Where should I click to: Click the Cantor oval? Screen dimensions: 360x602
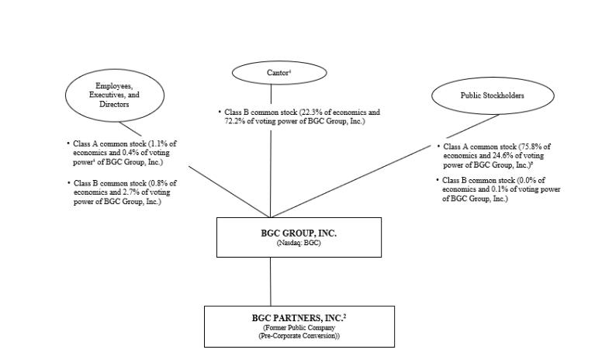pyautogui.click(x=279, y=72)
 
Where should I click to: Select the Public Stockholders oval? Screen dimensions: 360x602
pyautogui.click(x=493, y=95)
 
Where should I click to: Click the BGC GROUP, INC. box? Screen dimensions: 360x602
pyautogui.click(x=299, y=237)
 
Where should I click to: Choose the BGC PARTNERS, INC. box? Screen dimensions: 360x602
pyautogui.click(x=299, y=326)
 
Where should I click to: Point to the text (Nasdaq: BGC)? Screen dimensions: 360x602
pyautogui.click(x=299, y=244)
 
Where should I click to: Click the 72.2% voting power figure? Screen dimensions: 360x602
pyautogui.click(x=232, y=122)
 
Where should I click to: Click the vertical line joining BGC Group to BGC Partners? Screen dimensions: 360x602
pyautogui.click(x=271, y=281)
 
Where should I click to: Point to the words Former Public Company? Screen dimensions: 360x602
pyautogui.click(x=299, y=327)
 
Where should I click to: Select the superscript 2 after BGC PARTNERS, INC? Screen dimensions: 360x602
pyautogui.click(x=344, y=315)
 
